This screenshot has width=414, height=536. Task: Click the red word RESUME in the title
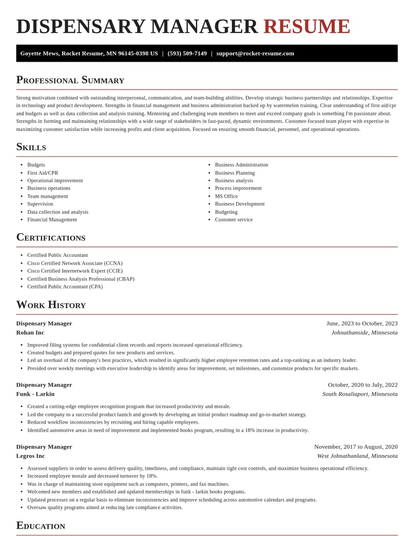coord(306,26)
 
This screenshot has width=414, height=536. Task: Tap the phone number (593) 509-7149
coord(187,53)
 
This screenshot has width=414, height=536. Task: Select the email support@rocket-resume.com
coord(255,53)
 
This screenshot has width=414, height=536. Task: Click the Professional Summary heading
coord(70,80)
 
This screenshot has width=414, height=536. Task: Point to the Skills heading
coord(31,147)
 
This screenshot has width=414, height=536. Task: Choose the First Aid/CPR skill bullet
coord(42,173)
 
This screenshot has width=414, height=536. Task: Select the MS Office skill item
coord(226,196)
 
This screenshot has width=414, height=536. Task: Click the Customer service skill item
coord(234,220)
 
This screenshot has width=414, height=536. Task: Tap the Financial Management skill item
coord(52,220)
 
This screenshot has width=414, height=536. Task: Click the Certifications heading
coord(51,237)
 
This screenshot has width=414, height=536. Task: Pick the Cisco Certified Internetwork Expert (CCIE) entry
coord(75,271)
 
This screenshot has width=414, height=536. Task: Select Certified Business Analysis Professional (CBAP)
coord(81,279)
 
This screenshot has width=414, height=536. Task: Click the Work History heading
coord(51,305)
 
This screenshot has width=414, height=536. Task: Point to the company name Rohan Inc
coord(30,332)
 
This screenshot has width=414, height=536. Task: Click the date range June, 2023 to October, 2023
coord(362,323)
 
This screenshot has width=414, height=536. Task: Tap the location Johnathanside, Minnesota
coord(364,332)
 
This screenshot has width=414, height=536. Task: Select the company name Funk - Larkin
coord(35,394)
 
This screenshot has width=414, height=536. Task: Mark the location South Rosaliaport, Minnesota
coord(360,394)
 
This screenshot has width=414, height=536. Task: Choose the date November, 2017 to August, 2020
coord(356,446)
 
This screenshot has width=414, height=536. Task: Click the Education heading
coord(40,526)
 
